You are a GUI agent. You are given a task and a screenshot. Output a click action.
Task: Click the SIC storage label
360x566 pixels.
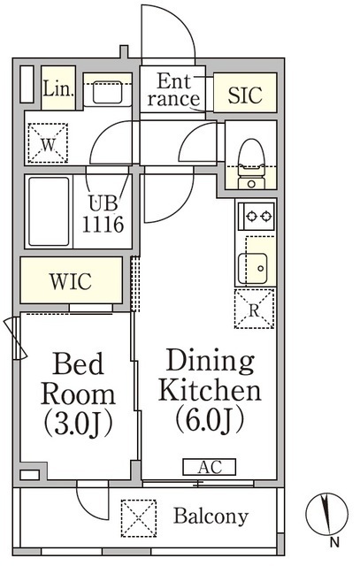pyautogui.click(x=245, y=96)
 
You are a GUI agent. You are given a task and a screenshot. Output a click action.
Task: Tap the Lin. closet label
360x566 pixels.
pyautogui.click(x=57, y=88)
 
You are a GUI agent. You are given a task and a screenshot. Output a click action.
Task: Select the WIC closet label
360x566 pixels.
pyautogui.click(x=70, y=282)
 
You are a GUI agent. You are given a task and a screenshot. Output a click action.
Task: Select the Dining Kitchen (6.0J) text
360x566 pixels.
pyautogui.click(x=210, y=389)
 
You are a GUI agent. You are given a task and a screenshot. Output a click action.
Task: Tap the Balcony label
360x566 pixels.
pyautogui.click(x=211, y=516)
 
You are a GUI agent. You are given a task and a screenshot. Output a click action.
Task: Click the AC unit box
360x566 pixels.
pyautogui.click(x=209, y=466)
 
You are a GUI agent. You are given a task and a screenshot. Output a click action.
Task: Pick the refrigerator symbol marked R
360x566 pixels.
pyautogui.click(x=255, y=310)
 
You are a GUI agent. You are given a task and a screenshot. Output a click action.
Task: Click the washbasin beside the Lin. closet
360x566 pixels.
pyautogui.click(x=108, y=89)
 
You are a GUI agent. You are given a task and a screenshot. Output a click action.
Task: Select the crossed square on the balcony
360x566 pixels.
pyautogui.click(x=138, y=516)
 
